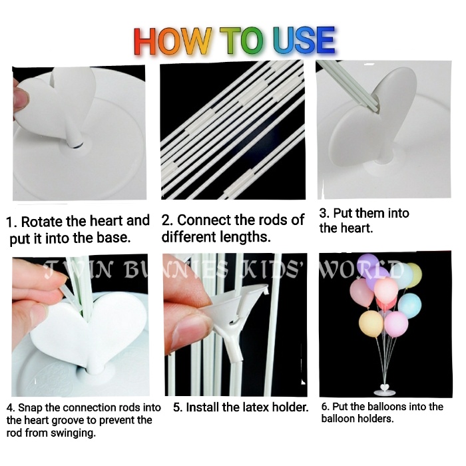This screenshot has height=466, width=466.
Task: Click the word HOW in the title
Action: click(x=173, y=41)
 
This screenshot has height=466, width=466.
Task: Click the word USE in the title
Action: click(x=304, y=41)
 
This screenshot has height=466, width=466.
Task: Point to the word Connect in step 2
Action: click(x=204, y=220)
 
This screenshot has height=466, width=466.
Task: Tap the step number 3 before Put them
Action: click(x=323, y=214)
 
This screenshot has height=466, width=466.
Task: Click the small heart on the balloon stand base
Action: click(x=385, y=388)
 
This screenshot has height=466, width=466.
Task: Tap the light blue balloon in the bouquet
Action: click(x=410, y=306)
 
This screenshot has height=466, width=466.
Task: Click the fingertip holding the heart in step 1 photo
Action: click(x=21, y=98)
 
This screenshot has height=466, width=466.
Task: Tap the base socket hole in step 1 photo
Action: click(x=75, y=144)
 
